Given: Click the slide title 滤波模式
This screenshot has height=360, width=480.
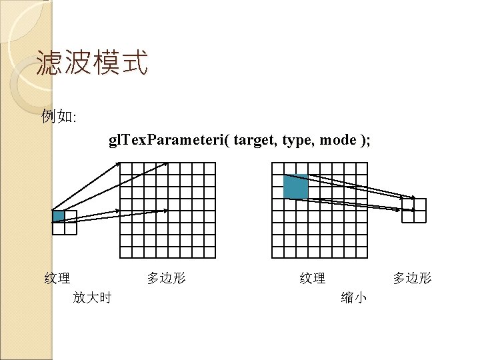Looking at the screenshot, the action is pos(92,64).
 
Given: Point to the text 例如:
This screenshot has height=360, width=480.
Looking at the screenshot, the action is pos(59,117).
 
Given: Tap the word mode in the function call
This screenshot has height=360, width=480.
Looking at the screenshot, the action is pos(336,141).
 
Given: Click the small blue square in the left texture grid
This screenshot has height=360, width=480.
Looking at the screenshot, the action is pos(59,216).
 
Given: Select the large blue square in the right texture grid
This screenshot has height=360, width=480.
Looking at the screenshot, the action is pos(295,187).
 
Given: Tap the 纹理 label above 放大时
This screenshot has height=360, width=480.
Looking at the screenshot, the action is pos(57,278).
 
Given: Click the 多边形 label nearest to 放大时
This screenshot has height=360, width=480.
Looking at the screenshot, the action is pos(166,278).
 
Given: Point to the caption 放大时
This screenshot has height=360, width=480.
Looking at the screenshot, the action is pos(92,297).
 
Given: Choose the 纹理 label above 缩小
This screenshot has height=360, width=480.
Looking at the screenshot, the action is pos(313,278).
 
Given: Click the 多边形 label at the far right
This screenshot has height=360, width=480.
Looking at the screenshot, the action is pos(412,278).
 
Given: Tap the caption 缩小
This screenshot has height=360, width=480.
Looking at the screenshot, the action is pos(353,297).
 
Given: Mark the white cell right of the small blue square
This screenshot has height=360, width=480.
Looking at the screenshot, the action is pos(71,216).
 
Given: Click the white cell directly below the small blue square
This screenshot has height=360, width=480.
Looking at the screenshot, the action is pos(59,228).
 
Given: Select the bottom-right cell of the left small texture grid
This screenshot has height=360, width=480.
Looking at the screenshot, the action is pos(71,228).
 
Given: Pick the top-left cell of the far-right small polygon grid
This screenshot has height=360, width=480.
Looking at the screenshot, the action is pos(407,204).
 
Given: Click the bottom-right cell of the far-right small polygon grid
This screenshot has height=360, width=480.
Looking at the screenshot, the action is pos(419,216).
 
